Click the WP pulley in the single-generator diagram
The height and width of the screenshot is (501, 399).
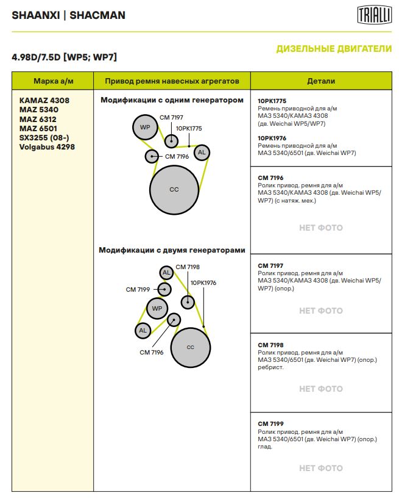coord(145,127)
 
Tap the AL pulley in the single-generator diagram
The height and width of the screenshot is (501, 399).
coord(202,152)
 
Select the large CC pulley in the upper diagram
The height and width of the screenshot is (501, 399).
coord(174,189)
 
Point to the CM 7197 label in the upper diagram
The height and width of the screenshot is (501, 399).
coord(171,117)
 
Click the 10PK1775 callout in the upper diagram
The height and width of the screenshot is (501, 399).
coord(189,128)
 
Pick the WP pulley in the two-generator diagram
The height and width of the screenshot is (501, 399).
coord(157,308)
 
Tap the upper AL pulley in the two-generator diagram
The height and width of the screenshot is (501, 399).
coord(166,272)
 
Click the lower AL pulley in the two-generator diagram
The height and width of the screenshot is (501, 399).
coord(143,330)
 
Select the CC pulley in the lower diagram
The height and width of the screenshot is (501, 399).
coord(190,347)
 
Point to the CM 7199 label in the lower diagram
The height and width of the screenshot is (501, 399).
coord(138,289)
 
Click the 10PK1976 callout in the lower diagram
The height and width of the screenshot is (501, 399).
coord(203,283)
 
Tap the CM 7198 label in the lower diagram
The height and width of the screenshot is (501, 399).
coord(188,267)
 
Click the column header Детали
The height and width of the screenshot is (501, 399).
coord(321,81)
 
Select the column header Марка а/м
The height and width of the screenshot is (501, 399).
coord(53,81)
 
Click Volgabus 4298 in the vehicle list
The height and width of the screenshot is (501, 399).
coord(47,147)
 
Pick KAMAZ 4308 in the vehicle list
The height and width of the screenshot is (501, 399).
coord(44,99)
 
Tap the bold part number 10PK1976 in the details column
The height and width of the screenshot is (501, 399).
coord(272,138)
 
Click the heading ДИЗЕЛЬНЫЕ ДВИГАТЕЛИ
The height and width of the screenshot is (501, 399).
coord(334,49)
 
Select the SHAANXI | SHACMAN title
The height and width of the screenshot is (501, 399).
coord(68,15)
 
